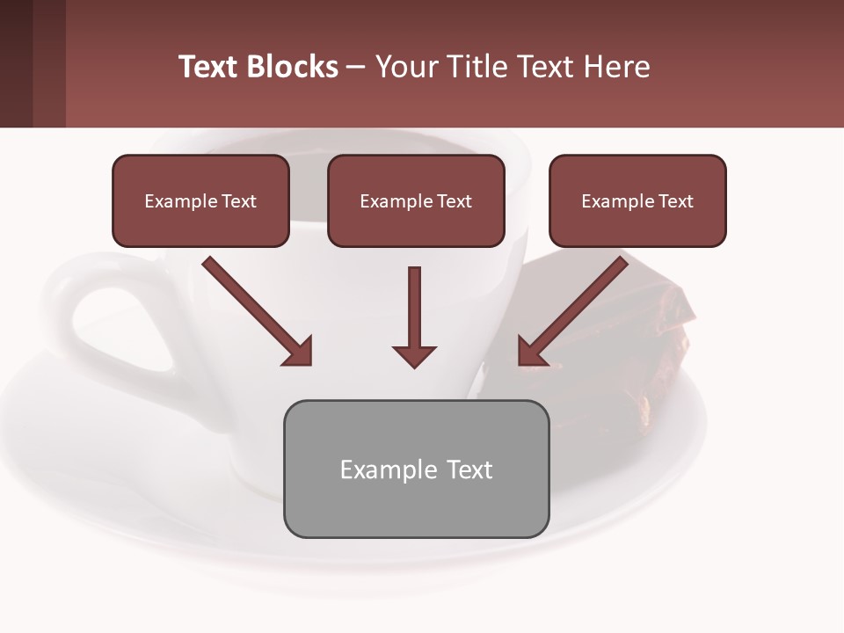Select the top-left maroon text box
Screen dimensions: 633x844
[x=200, y=200]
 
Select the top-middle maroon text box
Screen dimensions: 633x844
[x=416, y=200]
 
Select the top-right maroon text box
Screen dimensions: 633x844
[x=637, y=200]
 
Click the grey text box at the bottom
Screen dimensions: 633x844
[x=416, y=469]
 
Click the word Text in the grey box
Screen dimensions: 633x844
[x=469, y=469]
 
